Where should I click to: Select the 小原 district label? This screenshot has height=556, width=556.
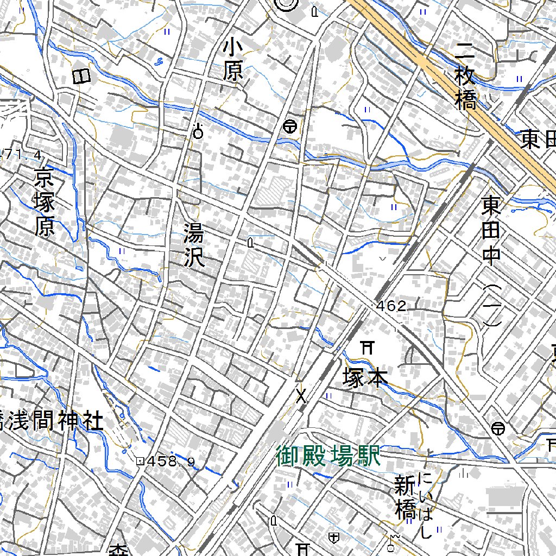pos(233,61)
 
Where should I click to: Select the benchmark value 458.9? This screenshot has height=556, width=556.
pos(170,462)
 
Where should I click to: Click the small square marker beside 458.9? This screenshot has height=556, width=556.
pos(140,462)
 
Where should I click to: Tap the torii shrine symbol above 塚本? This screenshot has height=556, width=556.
pos(368,347)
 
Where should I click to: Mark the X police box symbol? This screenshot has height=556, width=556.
pos(301,396)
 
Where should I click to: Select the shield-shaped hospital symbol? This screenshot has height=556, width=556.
pos(334,537)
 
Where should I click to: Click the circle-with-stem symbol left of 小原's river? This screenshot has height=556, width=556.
pos(198,131)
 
